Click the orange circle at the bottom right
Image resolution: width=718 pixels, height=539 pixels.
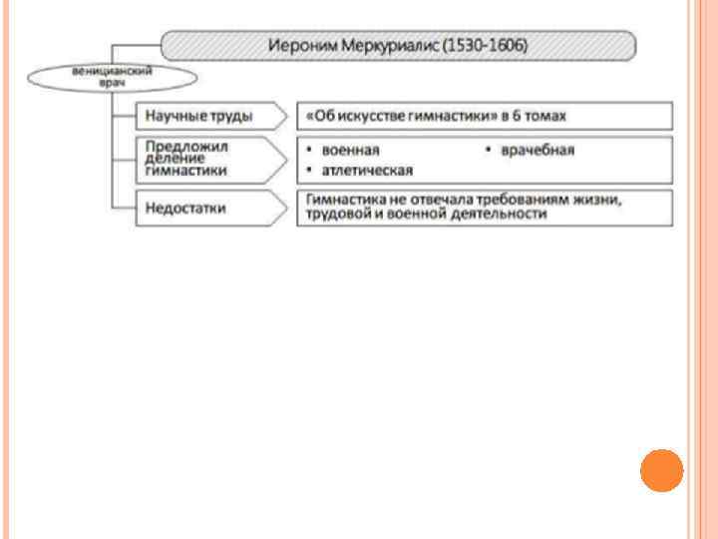(x=661, y=470)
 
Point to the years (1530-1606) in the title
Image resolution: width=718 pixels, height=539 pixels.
(x=487, y=46)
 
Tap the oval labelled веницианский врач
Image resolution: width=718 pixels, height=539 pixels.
(x=111, y=78)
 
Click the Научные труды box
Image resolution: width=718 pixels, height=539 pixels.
(x=199, y=116)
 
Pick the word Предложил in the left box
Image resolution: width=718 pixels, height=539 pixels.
(x=186, y=145)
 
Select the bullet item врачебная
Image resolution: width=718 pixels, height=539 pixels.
(x=538, y=150)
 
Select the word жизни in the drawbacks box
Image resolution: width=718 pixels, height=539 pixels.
(x=597, y=200)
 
